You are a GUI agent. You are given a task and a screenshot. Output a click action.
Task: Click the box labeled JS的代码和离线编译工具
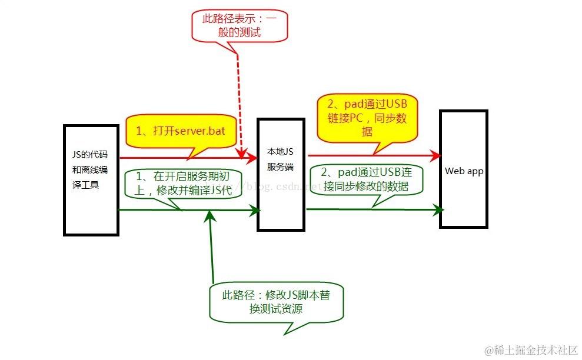91,180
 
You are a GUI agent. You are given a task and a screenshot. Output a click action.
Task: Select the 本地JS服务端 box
281,174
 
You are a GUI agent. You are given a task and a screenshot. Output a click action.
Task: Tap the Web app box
463,169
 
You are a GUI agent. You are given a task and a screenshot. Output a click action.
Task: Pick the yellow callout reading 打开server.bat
182,131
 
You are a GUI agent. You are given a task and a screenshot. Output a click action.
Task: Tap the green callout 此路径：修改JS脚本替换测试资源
275,301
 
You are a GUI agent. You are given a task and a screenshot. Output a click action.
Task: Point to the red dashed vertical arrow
240,106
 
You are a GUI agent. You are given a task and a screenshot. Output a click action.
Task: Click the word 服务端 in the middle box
281,166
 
